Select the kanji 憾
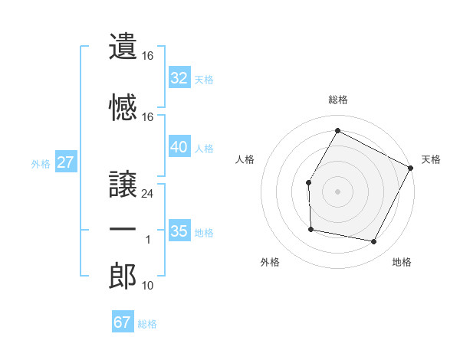click(x=123, y=107)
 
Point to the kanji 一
click(x=123, y=230)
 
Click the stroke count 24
click(x=148, y=194)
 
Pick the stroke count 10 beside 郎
click(x=148, y=286)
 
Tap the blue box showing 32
click(x=179, y=77)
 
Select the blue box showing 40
click(x=179, y=147)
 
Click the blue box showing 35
click(x=179, y=231)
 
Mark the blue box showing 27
click(x=66, y=162)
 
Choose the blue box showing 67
click(x=123, y=322)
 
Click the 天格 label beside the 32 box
click(x=204, y=79)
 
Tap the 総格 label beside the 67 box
click(x=147, y=324)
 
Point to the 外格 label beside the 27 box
click(x=41, y=163)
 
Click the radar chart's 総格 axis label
click(x=337, y=100)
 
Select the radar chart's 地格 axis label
click(x=402, y=263)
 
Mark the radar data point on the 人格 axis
click(x=308, y=182)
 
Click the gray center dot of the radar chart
click(x=337, y=191)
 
